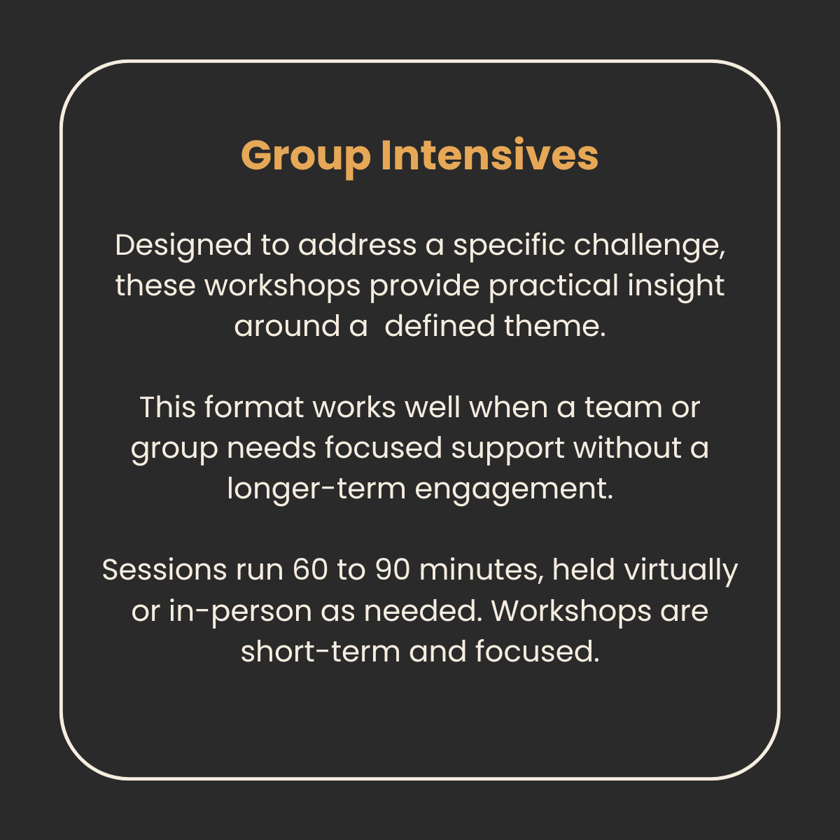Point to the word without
click(627, 448)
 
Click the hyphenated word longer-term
click(316, 489)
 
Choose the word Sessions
click(164, 570)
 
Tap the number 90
click(393, 570)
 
